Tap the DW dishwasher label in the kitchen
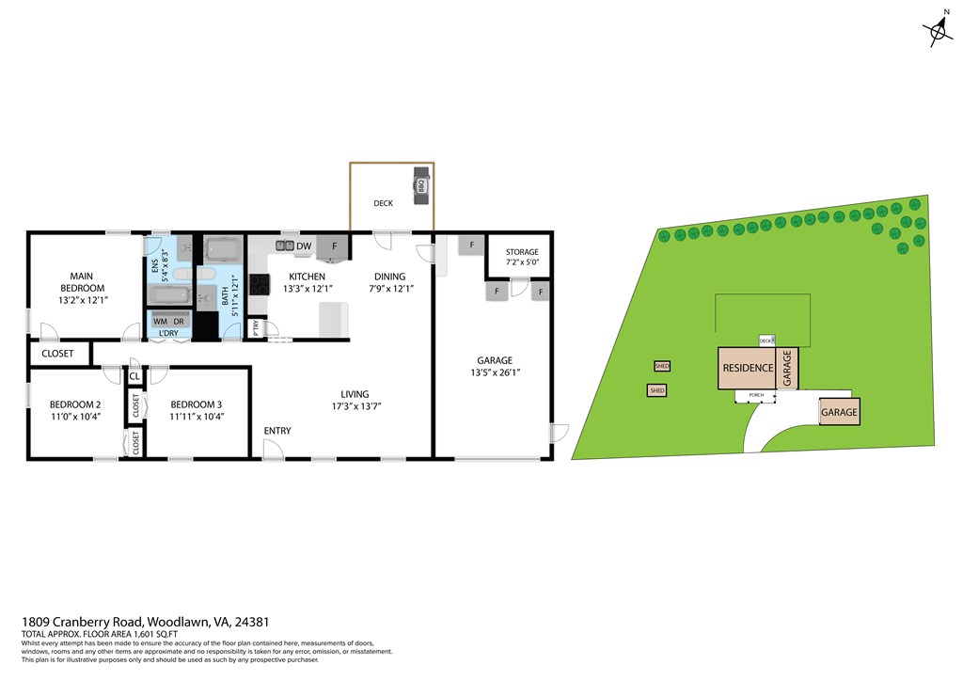(x=304, y=246)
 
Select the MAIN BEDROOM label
(x=82, y=282)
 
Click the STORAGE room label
(x=522, y=252)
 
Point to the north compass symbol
(x=939, y=33)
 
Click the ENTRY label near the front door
(x=277, y=431)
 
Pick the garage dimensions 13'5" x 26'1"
(x=495, y=372)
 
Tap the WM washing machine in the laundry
(x=161, y=321)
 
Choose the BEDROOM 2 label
(x=74, y=405)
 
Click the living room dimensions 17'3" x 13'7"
(x=355, y=407)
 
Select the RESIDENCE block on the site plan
(x=748, y=368)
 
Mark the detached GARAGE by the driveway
(x=839, y=413)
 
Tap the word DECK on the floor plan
(x=383, y=203)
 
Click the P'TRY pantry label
(x=256, y=328)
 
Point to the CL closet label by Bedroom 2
(x=134, y=377)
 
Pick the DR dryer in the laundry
(x=179, y=321)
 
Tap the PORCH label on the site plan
(x=757, y=395)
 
